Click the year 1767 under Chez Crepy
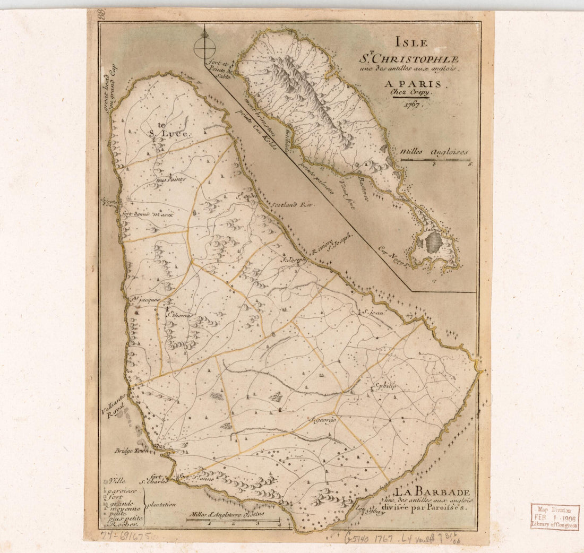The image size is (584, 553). point(411,104)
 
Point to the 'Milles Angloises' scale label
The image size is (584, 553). point(435,151)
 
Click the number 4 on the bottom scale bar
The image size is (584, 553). point(279,523)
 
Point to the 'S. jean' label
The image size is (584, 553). point(373,313)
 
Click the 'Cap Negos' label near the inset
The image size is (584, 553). point(393,255)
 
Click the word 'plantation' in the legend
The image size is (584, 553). point(161,505)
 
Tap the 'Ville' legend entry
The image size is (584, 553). point(117,481)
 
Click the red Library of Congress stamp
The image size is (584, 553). point(555,517)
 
